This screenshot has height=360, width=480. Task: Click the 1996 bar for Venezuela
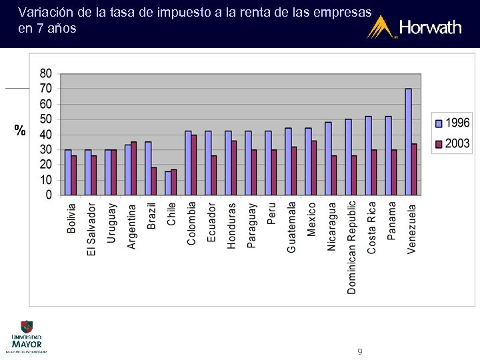click(408, 142)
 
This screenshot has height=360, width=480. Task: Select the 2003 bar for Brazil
click(154, 181)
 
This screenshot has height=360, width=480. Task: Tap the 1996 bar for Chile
click(168, 183)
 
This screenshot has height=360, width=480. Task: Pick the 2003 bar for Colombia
click(194, 165)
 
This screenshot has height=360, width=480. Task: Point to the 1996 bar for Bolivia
click(68, 173)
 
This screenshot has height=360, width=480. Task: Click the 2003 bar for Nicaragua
click(334, 175)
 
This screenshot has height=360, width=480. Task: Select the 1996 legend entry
click(453, 123)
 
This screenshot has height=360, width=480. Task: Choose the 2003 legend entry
click(453, 143)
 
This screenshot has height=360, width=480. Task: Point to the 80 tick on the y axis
click(46, 73)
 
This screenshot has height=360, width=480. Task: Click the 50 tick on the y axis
click(46, 119)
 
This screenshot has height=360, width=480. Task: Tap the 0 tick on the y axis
click(49, 195)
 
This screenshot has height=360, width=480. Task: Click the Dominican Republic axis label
click(351, 247)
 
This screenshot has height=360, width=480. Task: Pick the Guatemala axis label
click(291, 227)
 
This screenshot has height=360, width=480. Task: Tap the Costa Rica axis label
click(371, 227)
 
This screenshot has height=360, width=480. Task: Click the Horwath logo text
click(430, 28)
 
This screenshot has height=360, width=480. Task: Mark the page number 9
click(360, 351)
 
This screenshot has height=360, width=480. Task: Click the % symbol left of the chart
click(19, 130)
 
